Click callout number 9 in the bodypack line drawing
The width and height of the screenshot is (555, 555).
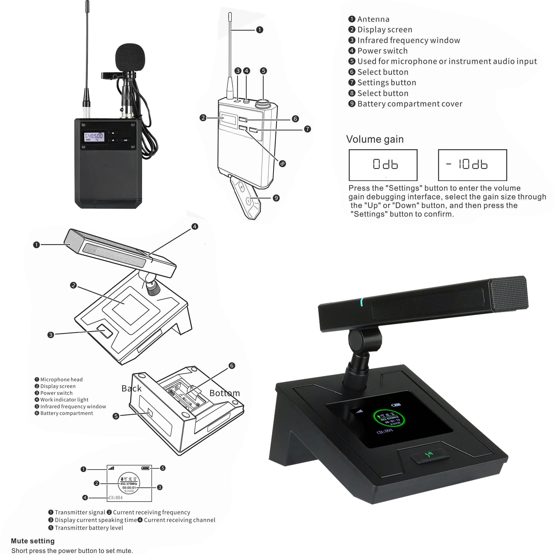click(x=276, y=198)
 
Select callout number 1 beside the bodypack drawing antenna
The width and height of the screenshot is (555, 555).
click(x=259, y=30)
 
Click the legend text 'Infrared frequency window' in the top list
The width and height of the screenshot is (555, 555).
click(x=408, y=40)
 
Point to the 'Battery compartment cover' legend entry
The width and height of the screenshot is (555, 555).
click(x=409, y=104)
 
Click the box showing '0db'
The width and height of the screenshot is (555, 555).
click(x=383, y=165)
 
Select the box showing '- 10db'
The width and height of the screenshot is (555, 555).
click(x=472, y=165)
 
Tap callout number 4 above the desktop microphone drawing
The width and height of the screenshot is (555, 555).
click(x=195, y=226)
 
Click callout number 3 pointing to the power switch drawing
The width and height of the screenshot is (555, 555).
click(x=51, y=335)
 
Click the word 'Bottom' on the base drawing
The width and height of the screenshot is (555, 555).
click(x=224, y=393)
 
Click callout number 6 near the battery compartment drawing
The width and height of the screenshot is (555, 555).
click(x=232, y=366)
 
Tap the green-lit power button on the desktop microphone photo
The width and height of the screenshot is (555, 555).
click(x=430, y=455)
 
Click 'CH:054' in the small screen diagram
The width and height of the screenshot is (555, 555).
click(x=115, y=498)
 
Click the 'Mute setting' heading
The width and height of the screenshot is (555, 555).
click(x=33, y=541)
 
